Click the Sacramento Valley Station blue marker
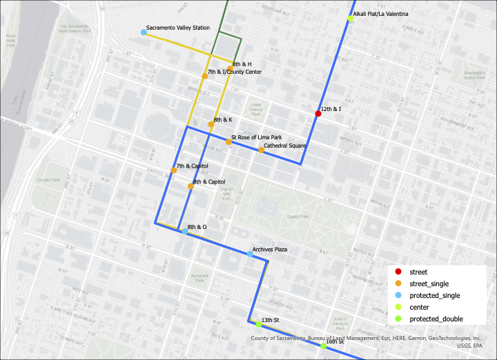point(144,32)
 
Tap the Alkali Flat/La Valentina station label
point(380,14)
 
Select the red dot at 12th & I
point(318,114)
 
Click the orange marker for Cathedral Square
point(261,150)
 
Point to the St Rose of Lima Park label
point(256,137)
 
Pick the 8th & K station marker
point(211,124)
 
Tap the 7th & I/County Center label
point(234,72)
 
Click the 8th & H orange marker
point(230,68)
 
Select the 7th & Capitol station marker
point(174,170)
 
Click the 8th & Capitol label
point(209,182)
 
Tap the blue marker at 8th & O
point(184,232)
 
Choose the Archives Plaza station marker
point(250,254)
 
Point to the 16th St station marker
point(323,346)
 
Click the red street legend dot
point(398,272)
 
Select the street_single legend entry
point(428,283)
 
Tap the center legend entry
point(419,307)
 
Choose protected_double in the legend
point(436,319)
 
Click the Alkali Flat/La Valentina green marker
point(350,19)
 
